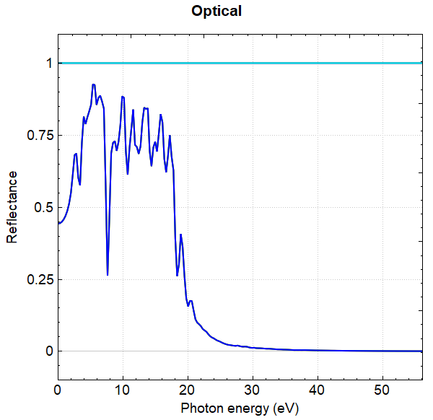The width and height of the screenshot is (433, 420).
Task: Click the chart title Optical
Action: (216, 12)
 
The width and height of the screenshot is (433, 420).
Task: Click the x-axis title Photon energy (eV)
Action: (239, 408)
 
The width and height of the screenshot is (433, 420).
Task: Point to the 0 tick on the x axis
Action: (58, 390)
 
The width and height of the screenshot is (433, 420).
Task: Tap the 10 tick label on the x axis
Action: (123, 390)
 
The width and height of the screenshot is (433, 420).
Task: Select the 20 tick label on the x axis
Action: (188, 390)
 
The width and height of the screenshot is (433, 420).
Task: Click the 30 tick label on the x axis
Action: (253, 390)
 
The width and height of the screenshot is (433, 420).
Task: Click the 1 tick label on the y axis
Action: (49, 64)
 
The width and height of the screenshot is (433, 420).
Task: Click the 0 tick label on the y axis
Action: (49, 351)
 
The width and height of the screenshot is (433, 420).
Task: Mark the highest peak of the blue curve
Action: (94, 84)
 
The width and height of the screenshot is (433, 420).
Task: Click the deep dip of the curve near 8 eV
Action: (108, 274)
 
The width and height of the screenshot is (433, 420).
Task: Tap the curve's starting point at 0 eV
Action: (58, 223)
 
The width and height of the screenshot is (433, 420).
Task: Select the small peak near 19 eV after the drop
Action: (181, 235)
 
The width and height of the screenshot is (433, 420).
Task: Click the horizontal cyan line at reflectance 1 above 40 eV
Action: (346, 63)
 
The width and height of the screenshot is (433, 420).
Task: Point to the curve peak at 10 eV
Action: (123, 96)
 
